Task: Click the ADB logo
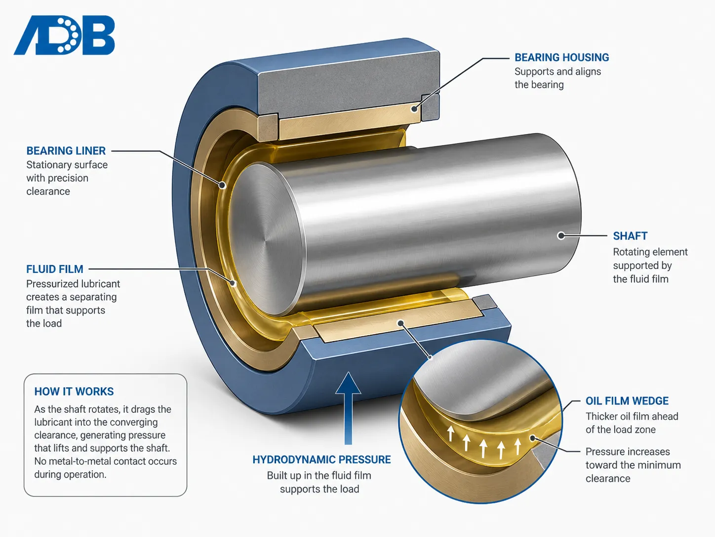click(x=64, y=35)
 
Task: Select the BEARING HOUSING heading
click(x=561, y=57)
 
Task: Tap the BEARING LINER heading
click(x=66, y=151)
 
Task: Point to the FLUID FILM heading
click(x=55, y=269)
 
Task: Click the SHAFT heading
click(x=630, y=236)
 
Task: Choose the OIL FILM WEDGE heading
click(x=627, y=401)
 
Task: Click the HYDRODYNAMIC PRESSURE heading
click(x=321, y=459)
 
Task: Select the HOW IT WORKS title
click(x=74, y=391)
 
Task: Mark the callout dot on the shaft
click(x=561, y=235)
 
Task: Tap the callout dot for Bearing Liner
click(x=223, y=185)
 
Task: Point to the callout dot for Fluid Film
click(x=233, y=283)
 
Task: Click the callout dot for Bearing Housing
click(x=414, y=109)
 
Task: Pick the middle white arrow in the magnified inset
click(x=483, y=448)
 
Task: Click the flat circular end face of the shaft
click(x=267, y=240)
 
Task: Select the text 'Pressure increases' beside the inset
click(x=628, y=451)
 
